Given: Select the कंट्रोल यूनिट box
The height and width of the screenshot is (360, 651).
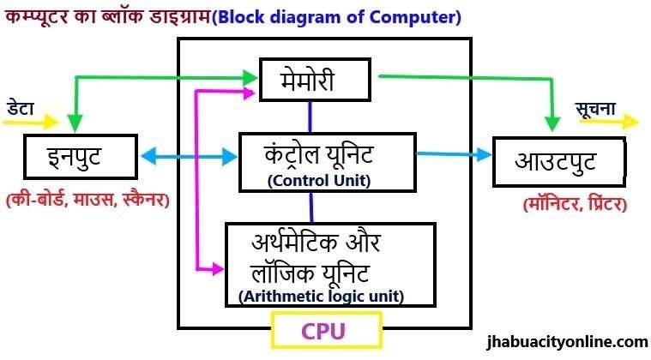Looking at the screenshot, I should pos(327,162).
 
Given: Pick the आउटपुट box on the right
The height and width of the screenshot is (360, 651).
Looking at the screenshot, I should pos(555,160).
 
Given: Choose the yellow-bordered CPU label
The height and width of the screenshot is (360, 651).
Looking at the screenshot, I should pos(326,330).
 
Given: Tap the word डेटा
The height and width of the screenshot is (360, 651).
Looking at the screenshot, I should pos(21,106).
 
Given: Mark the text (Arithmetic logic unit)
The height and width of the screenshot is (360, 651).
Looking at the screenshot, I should pos(322,297).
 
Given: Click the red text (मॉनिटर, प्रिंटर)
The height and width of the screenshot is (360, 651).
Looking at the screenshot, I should pos(574,205).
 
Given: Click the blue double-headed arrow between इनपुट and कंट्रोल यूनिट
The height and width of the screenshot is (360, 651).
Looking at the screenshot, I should pos(188,157).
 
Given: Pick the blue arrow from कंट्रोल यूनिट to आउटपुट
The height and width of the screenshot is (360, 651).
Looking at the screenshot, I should pos(455,155).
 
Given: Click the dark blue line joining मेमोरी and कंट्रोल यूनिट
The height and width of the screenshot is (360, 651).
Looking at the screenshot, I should pos(311,116).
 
